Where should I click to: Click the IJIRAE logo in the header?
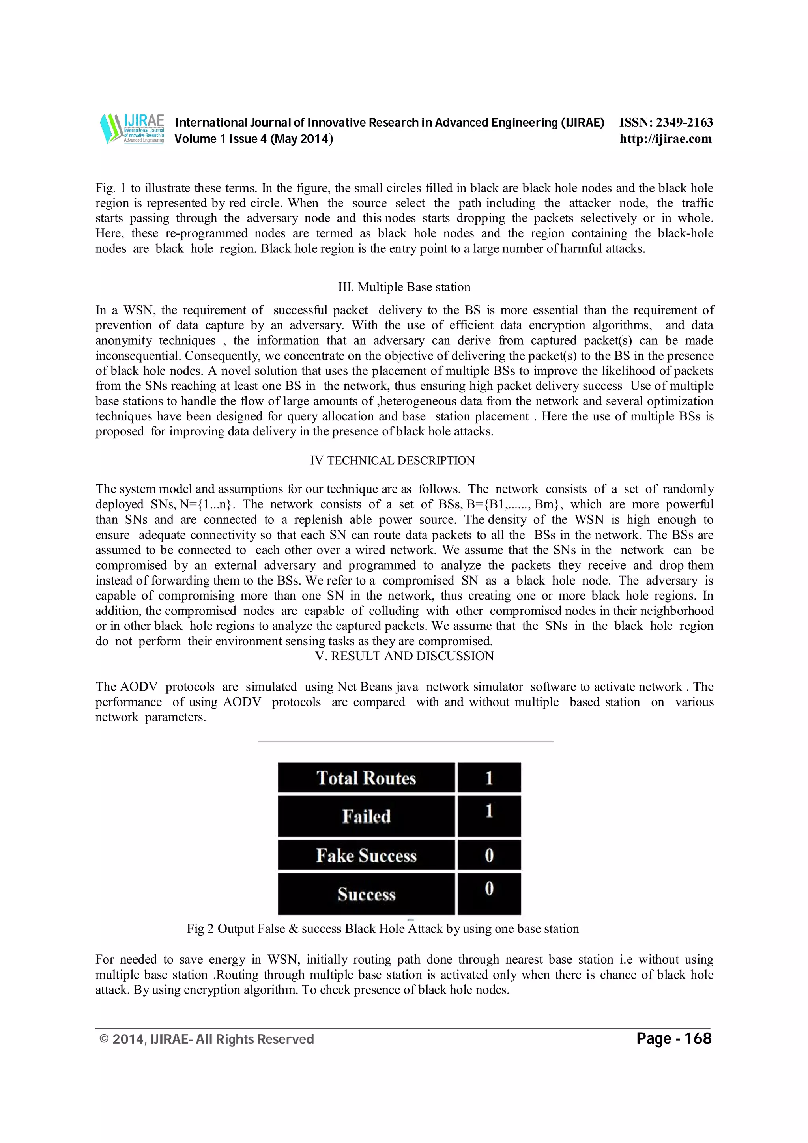pos(132,129)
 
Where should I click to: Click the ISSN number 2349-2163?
pos(684,122)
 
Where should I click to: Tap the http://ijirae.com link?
pos(666,139)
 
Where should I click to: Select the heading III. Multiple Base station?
pos(404,287)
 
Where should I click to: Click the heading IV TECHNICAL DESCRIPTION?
pos(392,461)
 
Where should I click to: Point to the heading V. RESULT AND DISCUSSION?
pos(404,656)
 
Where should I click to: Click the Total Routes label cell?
pos(367,778)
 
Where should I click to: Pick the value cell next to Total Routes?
pos(489,778)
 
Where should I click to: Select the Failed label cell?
pos(367,816)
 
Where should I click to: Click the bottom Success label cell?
pos(367,894)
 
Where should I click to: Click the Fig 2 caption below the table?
pos(383,929)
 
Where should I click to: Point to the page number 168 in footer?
pos(698,1039)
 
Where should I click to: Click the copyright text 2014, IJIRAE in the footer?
pos(207,1039)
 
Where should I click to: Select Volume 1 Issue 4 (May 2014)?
pos(253,139)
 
